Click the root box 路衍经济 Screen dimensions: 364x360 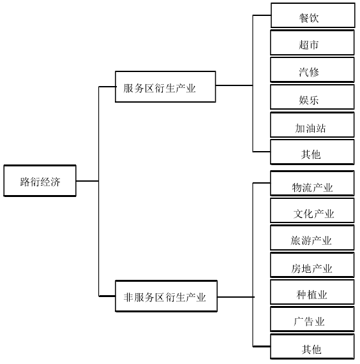pos(40,181)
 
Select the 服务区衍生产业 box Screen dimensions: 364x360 pos(165,87)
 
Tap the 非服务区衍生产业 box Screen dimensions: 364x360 pos(165,296)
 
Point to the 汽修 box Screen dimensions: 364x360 pos(312,71)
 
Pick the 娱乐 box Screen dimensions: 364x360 pos(312,98)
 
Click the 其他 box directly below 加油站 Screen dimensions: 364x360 pos(312,153)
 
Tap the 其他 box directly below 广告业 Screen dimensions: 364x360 pos(312,347)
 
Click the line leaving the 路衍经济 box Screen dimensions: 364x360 pos(87,181)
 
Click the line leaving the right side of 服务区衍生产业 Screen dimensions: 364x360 pos(234,85)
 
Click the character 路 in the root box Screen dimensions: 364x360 pos(25,182)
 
